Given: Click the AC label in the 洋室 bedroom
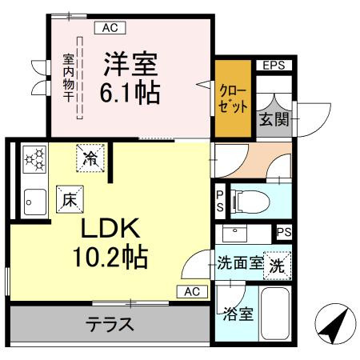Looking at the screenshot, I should point(110,28).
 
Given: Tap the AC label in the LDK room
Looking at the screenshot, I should point(191,291).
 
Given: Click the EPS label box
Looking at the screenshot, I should point(274,66).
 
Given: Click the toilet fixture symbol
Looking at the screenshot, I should point(250,201).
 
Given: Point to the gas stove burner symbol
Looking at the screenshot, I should point(34,158).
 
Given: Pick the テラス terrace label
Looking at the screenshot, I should point(110,326).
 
